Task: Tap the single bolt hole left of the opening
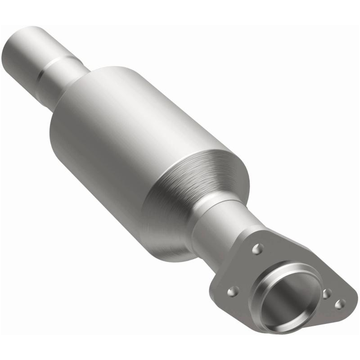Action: [233, 292]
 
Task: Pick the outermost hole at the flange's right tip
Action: [340, 304]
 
